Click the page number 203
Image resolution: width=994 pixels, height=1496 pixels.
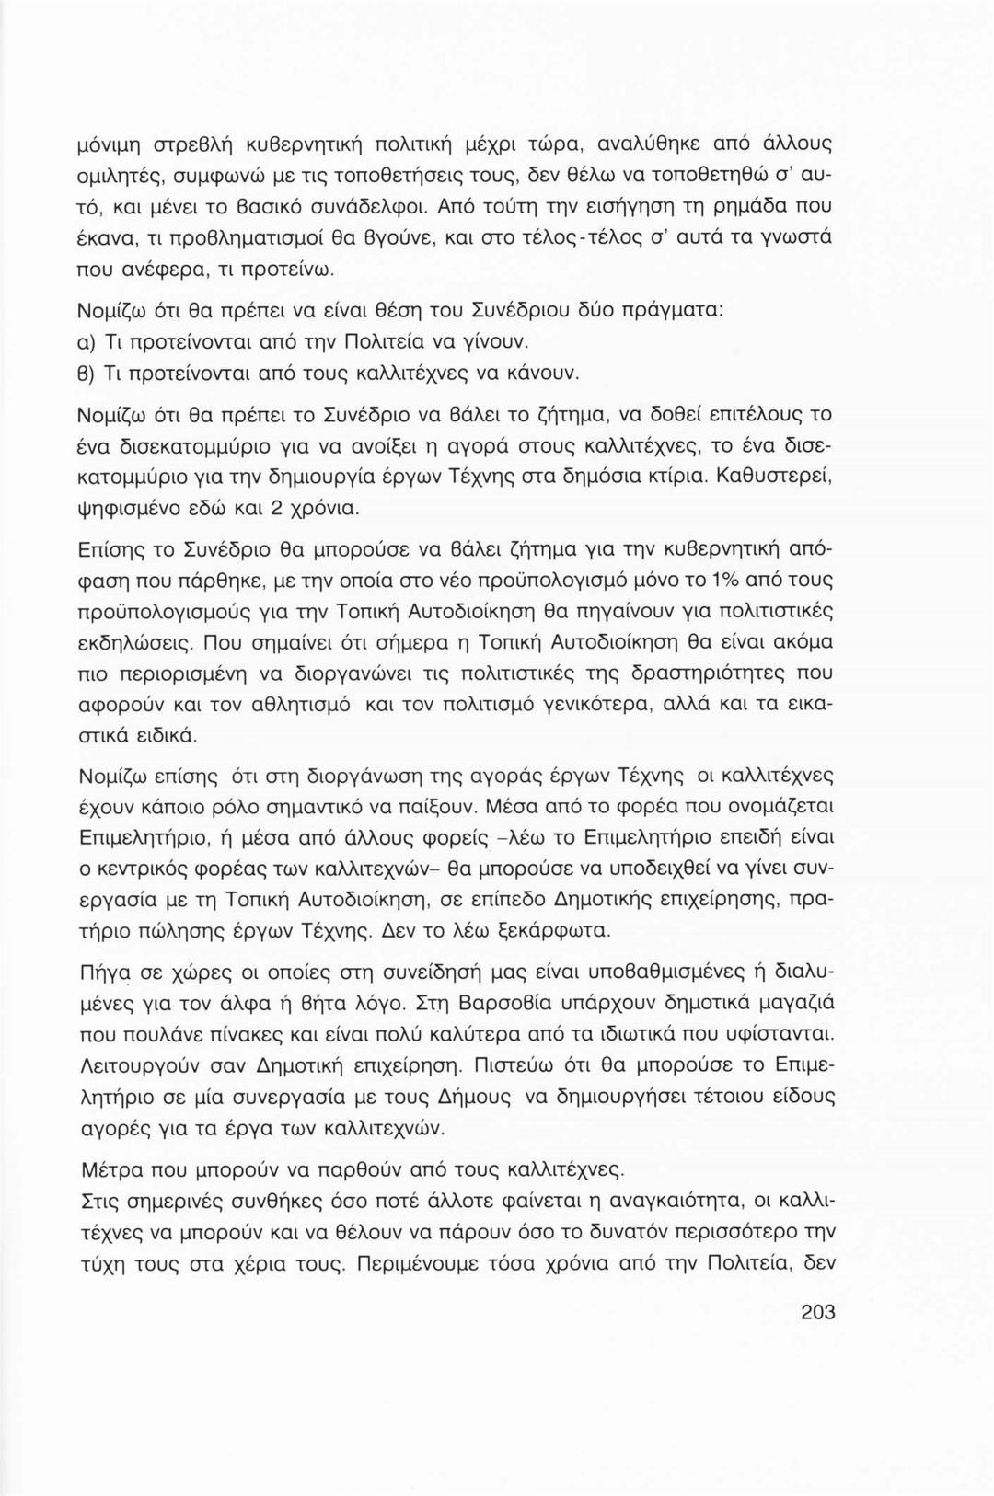pyautogui.click(x=817, y=1312)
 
